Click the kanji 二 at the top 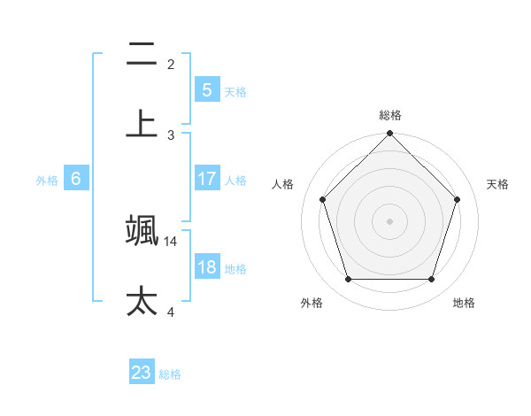tap(142, 55)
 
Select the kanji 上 tap(142, 124)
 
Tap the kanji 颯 tap(142, 230)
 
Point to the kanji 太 tap(142, 300)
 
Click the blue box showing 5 tap(206, 90)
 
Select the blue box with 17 tap(206, 179)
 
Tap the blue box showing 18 tap(206, 267)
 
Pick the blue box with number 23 tap(142, 373)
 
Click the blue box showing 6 tap(76, 179)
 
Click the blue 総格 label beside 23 tap(171, 374)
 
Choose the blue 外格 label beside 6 tap(47, 181)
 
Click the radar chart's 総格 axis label tap(390, 115)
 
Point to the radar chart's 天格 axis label tap(498, 184)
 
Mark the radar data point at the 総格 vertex tap(390, 135)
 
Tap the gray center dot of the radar tap(390, 221)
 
